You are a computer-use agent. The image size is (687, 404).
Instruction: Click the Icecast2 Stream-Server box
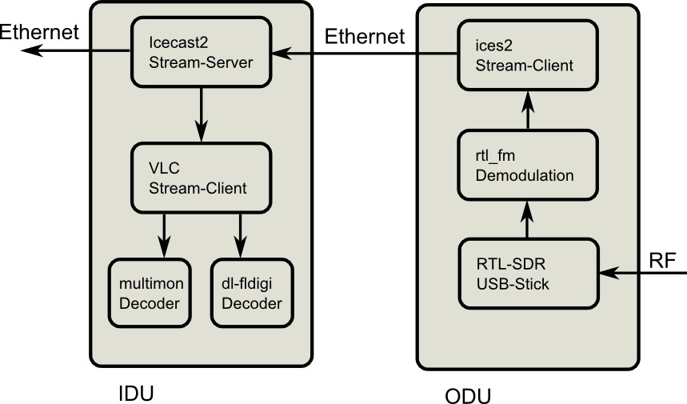(200, 52)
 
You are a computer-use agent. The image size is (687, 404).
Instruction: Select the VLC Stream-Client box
(200, 178)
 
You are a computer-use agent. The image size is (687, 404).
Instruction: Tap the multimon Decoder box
(150, 293)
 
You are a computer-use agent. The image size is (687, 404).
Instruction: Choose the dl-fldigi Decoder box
(252, 293)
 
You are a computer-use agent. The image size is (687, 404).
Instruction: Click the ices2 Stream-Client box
(528, 54)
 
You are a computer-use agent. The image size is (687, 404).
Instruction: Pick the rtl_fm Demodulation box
(528, 165)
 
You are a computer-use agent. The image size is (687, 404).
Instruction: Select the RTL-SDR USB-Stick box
(528, 273)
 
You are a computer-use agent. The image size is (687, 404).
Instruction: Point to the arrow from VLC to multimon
(164, 234)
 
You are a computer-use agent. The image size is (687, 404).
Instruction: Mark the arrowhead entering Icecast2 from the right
(280, 54)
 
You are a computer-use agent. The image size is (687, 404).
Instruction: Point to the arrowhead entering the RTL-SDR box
(608, 273)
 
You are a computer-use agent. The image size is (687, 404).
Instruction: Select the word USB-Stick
(512, 284)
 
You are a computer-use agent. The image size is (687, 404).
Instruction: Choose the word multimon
(150, 283)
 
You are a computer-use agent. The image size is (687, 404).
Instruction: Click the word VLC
(163, 170)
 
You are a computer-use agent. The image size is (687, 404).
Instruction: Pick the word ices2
(493, 46)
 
